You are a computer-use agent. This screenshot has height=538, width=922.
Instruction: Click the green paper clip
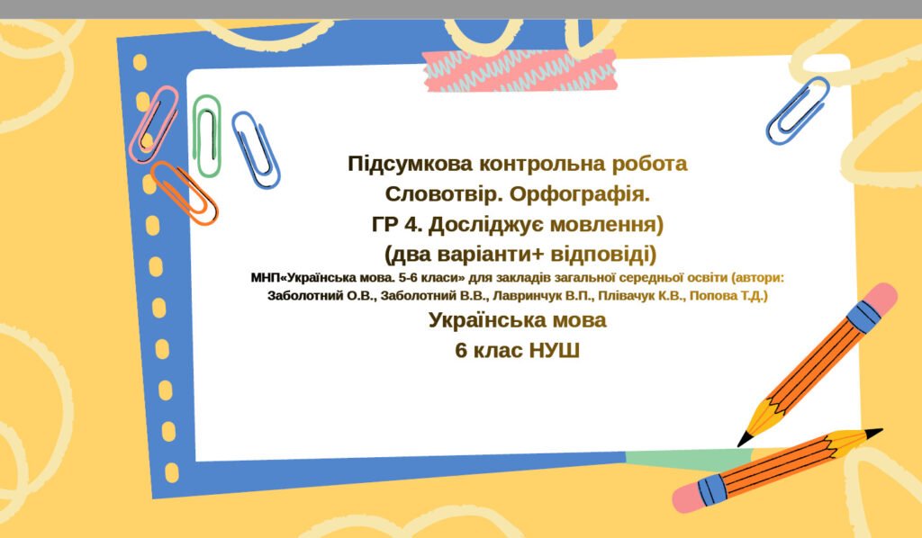[x=208, y=135]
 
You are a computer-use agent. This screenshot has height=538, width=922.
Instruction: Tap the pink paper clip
[x=154, y=123]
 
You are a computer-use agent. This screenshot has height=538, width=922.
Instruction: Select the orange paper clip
[x=184, y=192]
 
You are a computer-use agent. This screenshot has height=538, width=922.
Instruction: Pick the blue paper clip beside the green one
[x=256, y=149]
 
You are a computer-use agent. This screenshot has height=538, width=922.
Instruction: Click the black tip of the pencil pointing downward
[x=745, y=440]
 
